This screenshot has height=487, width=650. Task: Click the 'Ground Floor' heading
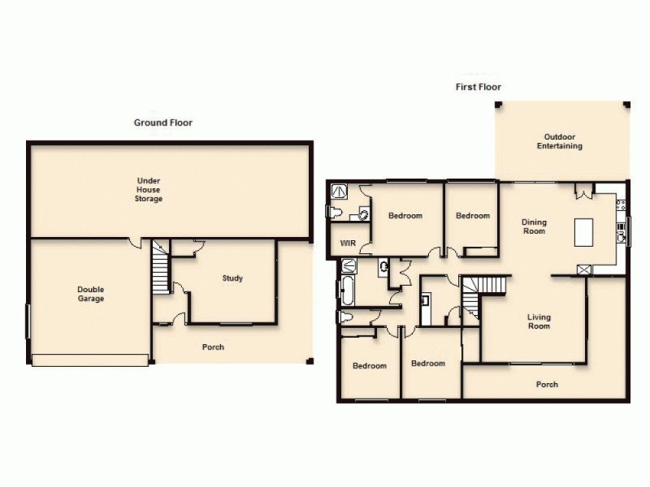click(162, 123)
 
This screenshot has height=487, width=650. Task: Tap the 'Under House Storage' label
click(149, 189)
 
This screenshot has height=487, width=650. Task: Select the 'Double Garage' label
click(91, 294)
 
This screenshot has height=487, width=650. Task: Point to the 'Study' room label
click(232, 278)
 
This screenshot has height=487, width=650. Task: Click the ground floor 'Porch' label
click(213, 347)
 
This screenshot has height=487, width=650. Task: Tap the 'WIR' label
click(349, 243)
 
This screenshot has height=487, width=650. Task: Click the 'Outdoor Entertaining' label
click(559, 141)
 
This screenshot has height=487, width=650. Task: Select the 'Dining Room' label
click(534, 226)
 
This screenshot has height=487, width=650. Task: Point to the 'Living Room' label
click(539, 321)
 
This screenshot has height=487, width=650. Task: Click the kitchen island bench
click(584, 232)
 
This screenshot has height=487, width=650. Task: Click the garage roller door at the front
click(89, 360)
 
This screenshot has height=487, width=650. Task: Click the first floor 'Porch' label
click(547, 385)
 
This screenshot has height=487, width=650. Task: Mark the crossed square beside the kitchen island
click(583, 269)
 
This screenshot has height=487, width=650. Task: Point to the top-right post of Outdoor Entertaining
click(626, 104)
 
